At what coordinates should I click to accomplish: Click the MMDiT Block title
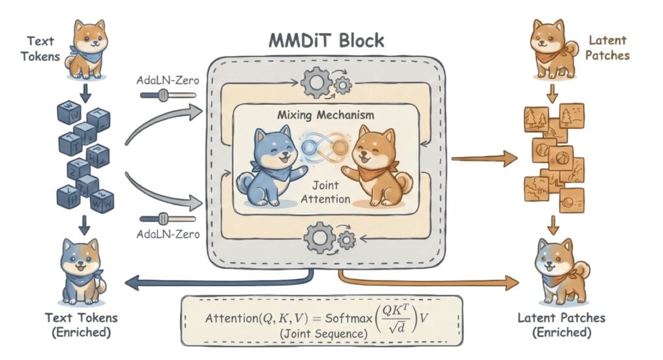click(x=326, y=41)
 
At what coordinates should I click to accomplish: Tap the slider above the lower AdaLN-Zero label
click(x=167, y=219)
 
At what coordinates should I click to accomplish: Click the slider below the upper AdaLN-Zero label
click(x=167, y=95)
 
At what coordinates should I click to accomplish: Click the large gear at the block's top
click(x=317, y=82)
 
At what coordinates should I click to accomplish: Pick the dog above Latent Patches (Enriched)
click(x=558, y=271)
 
